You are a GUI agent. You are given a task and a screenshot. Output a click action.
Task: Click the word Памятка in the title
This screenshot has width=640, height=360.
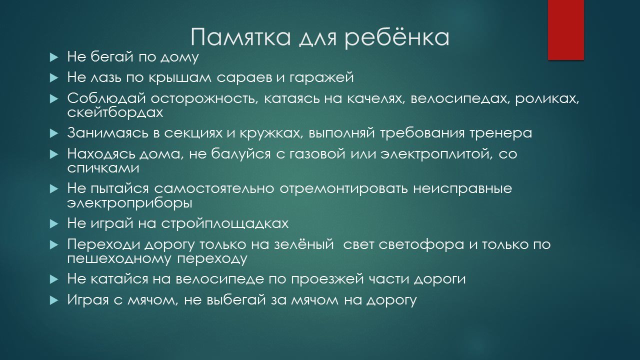[240, 37]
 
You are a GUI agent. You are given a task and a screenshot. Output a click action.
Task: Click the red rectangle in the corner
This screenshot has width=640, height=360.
[565, 30]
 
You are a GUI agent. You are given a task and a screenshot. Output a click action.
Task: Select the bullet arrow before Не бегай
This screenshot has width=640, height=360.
[54, 57]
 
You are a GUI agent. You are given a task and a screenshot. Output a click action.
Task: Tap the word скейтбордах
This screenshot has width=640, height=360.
[115, 113]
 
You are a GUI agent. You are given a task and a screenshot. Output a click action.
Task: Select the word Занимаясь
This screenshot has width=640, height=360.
[108, 133]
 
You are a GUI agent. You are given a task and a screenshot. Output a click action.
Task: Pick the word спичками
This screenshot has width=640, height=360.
[103, 168]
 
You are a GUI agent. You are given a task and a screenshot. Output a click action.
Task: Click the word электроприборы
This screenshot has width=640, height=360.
[130, 203]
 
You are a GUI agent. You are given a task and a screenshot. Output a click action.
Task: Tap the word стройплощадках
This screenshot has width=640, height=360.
[225, 224]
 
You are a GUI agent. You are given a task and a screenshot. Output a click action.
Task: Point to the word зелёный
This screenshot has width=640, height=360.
[304, 244]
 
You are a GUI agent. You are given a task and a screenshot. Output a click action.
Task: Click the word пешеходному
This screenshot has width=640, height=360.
[119, 259]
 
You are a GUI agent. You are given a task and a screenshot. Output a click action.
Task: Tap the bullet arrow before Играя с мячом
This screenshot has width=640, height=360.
[54, 300]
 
